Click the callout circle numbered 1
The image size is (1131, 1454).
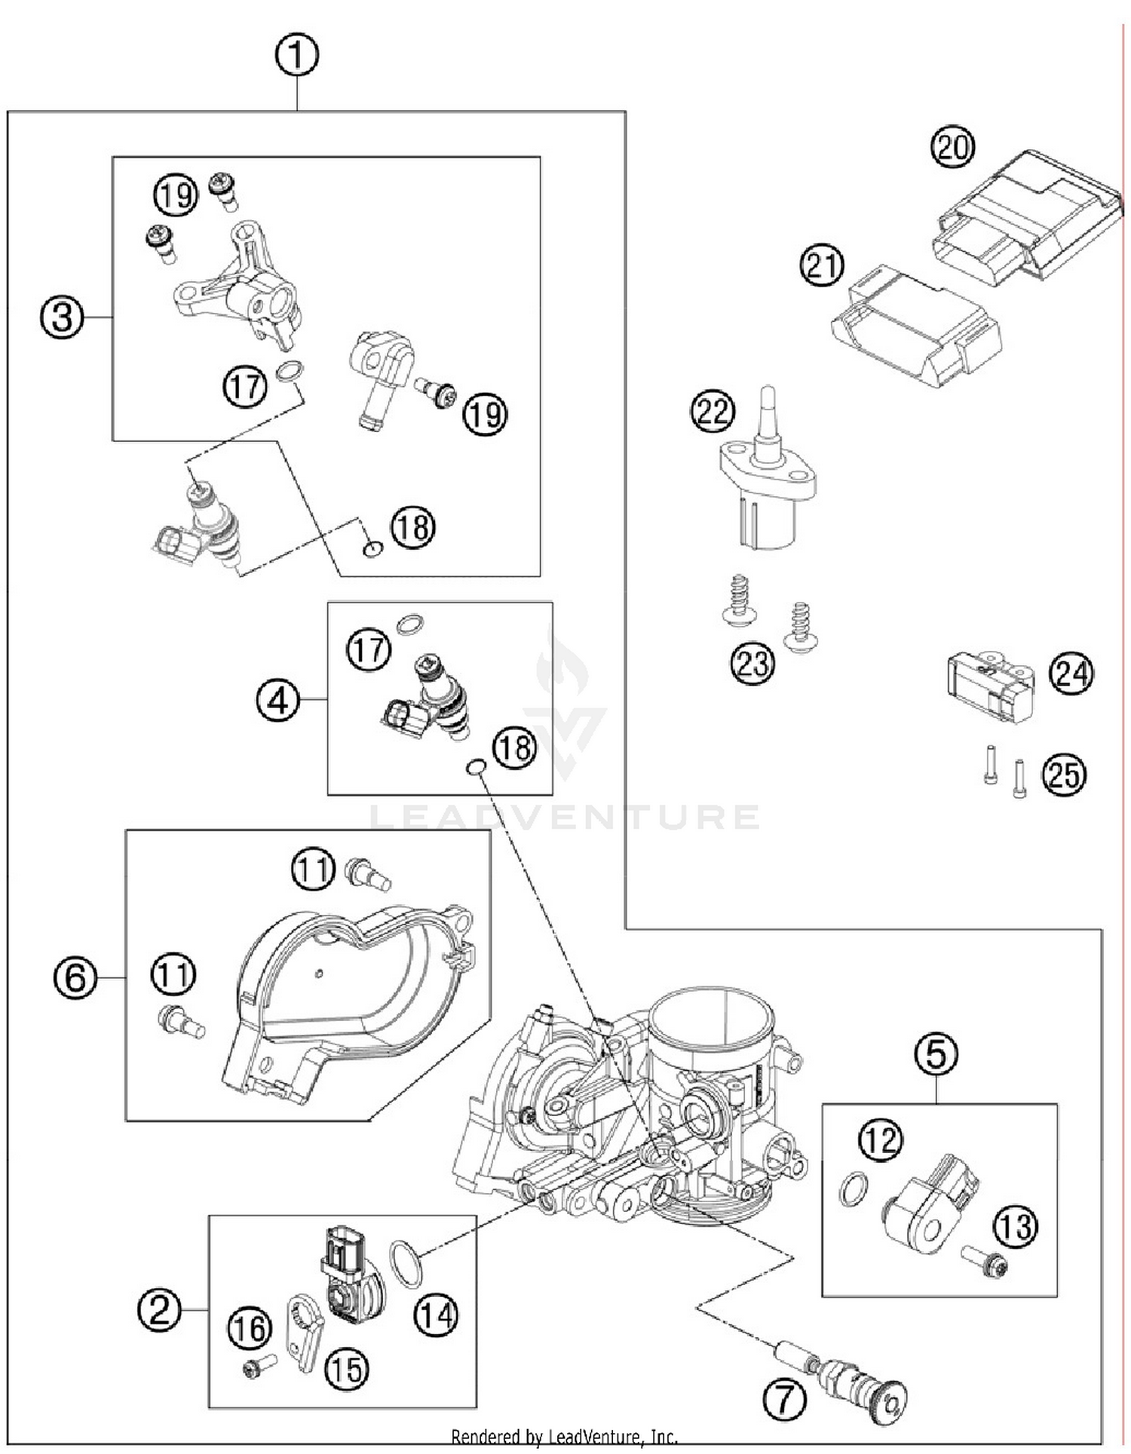click(296, 55)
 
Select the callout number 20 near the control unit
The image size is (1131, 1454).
click(952, 147)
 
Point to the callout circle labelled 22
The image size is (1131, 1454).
click(713, 411)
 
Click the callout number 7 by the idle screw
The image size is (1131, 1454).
click(785, 1400)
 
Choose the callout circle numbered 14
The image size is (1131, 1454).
click(437, 1316)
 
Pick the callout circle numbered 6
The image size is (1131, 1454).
click(75, 978)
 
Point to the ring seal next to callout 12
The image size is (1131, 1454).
click(853, 1189)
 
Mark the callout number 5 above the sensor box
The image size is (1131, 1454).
click(936, 1054)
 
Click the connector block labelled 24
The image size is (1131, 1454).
click(989, 686)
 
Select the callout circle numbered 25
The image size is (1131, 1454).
click(1064, 775)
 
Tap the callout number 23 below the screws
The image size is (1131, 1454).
click(752, 664)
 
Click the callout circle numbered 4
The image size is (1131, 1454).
click(278, 701)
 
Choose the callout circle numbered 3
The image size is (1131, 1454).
click(62, 317)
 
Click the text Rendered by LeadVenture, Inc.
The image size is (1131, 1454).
click(564, 1437)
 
